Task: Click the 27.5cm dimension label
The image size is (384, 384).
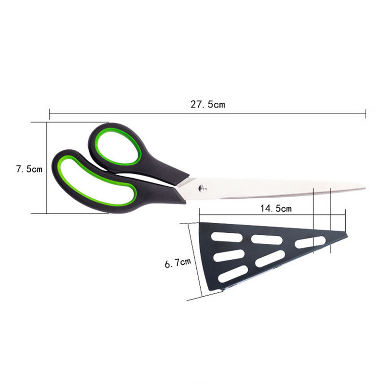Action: [208, 105]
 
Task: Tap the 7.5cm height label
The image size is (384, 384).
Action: [29, 169]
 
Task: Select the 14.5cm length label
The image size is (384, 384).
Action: [276, 208]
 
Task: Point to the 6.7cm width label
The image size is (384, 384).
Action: [178, 263]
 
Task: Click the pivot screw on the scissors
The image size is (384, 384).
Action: [203, 188]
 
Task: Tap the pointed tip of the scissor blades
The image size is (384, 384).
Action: [365, 188]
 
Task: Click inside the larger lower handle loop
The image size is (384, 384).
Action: [96, 181]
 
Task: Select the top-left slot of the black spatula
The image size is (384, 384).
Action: [227, 237]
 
